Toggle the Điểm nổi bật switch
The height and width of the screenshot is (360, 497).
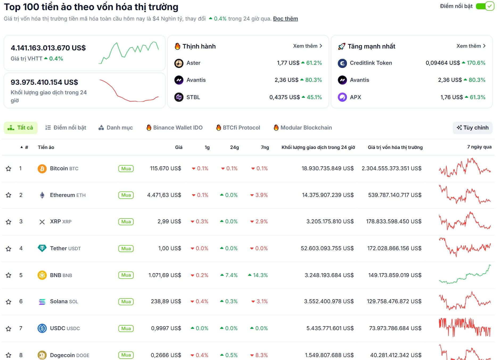pos(485,6)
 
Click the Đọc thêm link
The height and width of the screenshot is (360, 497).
pos(285,19)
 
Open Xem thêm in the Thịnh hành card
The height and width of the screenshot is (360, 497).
pos(307,46)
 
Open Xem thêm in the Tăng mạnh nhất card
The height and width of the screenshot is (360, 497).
pos(471,46)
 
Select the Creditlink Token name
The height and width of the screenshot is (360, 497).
pos(371,63)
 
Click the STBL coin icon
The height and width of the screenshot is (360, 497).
pos(179,97)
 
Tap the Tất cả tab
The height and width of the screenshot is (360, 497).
pos(21,128)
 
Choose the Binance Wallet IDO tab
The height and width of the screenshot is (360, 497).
pos(175,128)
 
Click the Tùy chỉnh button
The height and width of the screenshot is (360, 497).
pos(473,128)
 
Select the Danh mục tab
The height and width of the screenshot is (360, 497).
pos(116,128)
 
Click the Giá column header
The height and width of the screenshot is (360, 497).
pos(179,147)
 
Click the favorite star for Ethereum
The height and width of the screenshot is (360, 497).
pos(9,195)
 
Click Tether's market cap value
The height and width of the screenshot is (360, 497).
pos(394,248)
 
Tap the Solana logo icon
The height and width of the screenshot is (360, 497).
pos(42,302)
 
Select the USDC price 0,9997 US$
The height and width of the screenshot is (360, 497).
pos(166,328)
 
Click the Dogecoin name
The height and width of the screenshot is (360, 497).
pos(62,355)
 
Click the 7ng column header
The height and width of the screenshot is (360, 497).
pos(265,147)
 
